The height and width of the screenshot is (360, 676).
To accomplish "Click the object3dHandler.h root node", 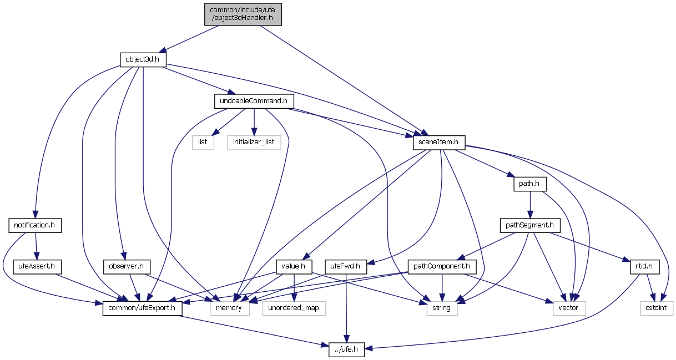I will click(x=243, y=13).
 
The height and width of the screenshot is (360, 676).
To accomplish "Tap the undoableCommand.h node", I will click(x=254, y=101).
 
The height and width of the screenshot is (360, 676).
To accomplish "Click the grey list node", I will click(x=203, y=143).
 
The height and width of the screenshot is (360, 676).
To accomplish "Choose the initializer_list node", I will click(x=254, y=143).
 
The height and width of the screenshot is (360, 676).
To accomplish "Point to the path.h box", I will click(x=529, y=184).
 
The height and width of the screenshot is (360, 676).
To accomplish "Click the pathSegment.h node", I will click(x=529, y=225).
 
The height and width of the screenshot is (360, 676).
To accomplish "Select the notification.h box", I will click(x=35, y=225).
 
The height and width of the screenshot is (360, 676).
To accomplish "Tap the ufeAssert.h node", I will click(x=35, y=267).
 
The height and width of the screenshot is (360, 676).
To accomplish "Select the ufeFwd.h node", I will click(x=346, y=267).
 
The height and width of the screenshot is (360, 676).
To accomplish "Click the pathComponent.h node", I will click(x=442, y=267).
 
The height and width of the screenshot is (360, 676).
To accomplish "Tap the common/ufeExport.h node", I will click(x=142, y=308).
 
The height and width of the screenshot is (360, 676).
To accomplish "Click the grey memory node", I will click(x=229, y=308).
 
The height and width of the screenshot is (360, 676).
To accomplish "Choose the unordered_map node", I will click(x=294, y=308).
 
